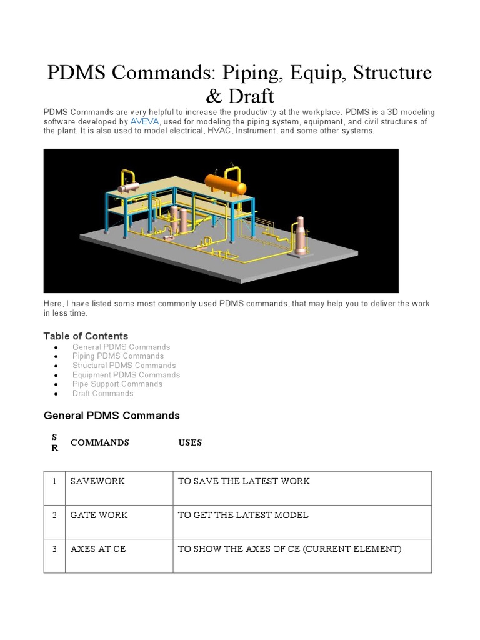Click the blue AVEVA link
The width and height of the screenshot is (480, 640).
pos(145,122)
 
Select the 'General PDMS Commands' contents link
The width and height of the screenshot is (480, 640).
pos(121,347)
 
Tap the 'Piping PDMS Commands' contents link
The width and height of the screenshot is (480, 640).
pos(117,356)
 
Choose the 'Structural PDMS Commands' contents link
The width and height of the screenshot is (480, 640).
pos(124,366)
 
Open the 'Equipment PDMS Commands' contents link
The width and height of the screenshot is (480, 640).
pos(126,375)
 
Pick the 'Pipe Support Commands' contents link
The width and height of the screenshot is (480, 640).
pos(117,384)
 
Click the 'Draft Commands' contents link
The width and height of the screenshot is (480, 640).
pos(102,394)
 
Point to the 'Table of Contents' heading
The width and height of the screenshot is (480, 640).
pos(86,336)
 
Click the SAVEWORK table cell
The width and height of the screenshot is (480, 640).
pos(97,481)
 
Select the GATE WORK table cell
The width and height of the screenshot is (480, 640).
pos(99,515)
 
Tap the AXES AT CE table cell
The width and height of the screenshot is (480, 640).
pos(98,549)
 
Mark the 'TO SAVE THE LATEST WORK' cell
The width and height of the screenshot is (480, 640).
pos(244,481)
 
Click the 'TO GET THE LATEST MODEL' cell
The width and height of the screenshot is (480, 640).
pos(243,515)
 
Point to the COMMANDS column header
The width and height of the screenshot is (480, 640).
pos(99,442)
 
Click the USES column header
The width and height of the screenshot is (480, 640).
pos(190,442)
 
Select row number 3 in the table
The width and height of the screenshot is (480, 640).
pos(55,549)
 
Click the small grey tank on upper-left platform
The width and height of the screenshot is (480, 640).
pos(130,187)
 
